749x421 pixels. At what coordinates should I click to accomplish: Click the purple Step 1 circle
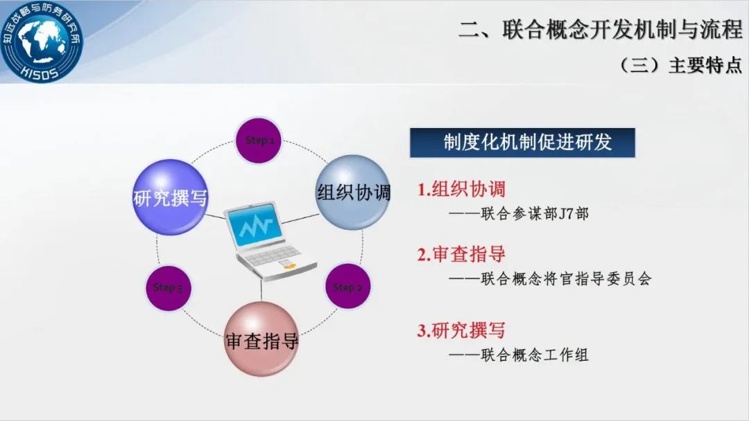pyautogui.click(x=259, y=141)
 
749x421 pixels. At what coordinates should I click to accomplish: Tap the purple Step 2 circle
pyautogui.click(x=347, y=286)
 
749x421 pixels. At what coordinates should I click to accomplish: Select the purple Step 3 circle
pyautogui.click(x=168, y=288)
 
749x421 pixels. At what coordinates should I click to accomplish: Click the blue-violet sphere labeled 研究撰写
pyautogui.click(x=171, y=197)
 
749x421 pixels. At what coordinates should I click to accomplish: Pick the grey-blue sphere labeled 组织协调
pyautogui.click(x=353, y=192)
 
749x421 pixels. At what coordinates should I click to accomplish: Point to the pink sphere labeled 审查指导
pyautogui.click(x=261, y=339)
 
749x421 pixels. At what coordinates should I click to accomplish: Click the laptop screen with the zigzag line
pyautogui.click(x=254, y=226)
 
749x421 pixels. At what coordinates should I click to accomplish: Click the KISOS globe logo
pyautogui.click(x=41, y=42)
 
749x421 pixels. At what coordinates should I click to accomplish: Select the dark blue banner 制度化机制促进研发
pyautogui.click(x=523, y=143)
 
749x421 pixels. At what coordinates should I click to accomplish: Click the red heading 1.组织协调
pyautogui.click(x=461, y=189)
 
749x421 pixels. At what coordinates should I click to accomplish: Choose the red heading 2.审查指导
pyautogui.click(x=461, y=254)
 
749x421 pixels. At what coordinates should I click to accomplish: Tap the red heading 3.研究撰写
pyautogui.click(x=461, y=330)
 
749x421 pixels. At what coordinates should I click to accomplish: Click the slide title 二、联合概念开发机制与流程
pyautogui.click(x=601, y=30)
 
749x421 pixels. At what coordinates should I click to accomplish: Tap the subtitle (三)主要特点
pyautogui.click(x=680, y=65)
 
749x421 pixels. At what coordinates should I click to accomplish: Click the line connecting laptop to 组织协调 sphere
pyautogui.click(x=300, y=220)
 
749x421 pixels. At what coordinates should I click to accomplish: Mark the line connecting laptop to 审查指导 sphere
pyautogui.click(x=261, y=290)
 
